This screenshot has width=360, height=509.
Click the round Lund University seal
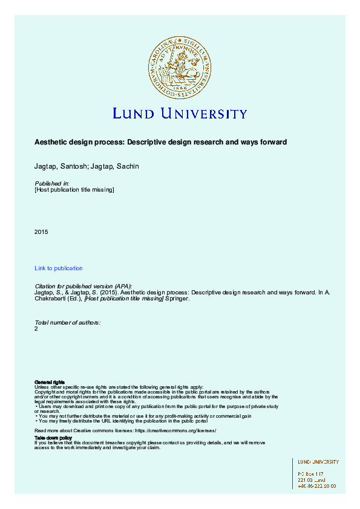click(180, 66)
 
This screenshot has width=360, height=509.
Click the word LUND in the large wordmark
click(135, 114)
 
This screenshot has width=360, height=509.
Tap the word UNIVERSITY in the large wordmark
click(203, 114)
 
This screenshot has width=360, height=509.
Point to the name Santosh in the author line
click(68, 166)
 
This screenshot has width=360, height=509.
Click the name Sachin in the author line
click(127, 166)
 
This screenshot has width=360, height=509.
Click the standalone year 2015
click(41, 232)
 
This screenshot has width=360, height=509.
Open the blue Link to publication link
click(59, 268)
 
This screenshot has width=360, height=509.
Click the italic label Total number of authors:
click(67, 322)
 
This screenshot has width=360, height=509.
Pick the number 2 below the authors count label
click(36, 329)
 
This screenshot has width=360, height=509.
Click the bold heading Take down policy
click(53, 437)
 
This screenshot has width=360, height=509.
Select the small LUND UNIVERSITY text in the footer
click(318, 462)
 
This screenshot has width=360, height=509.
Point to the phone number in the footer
click(317, 486)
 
